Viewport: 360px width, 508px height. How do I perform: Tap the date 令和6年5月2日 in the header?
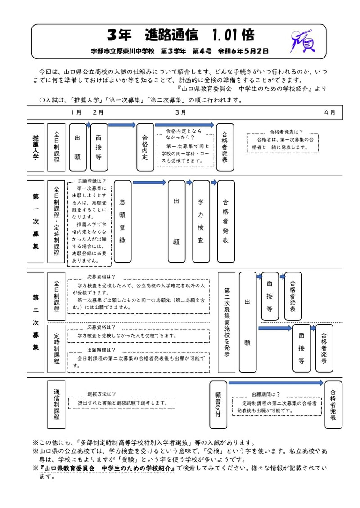coord(243,51)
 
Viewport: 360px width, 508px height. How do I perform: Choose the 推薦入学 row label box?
coord(36,147)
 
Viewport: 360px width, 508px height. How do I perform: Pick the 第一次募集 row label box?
coord(36,222)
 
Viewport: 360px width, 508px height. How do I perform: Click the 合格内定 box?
coord(145,147)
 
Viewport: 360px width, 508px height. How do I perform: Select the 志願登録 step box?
coord(122,222)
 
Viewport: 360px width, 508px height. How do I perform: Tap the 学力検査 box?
coord(201,222)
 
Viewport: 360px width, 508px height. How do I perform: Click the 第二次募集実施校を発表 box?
coord(226,322)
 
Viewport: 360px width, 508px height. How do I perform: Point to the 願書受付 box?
coord(218,405)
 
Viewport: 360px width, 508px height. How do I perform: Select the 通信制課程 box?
coord(56,405)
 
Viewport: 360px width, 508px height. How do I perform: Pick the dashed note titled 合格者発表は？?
coord(283,143)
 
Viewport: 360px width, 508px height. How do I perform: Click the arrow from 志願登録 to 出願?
coord(149,183)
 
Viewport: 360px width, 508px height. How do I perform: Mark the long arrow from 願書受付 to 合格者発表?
coord(276,383)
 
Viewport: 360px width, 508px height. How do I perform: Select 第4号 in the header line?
coord(202,51)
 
